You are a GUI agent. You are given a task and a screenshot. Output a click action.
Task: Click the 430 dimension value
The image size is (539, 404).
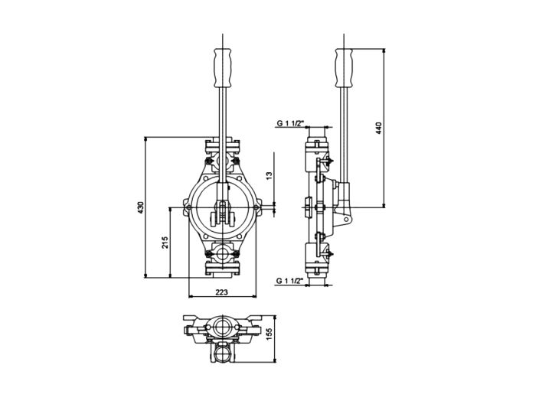point(140,207)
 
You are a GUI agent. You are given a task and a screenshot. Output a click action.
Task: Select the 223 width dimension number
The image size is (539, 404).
point(221,292)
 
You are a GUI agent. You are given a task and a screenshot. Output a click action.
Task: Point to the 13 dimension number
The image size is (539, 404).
point(268,175)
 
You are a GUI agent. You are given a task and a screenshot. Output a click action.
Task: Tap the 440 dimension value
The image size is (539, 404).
point(378,128)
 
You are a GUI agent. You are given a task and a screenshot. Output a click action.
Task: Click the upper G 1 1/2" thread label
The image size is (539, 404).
point(291,122)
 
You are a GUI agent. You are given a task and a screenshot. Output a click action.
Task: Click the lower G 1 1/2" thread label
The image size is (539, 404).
point(290,282)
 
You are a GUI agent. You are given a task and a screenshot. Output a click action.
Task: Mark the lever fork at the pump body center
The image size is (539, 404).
point(222,210)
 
